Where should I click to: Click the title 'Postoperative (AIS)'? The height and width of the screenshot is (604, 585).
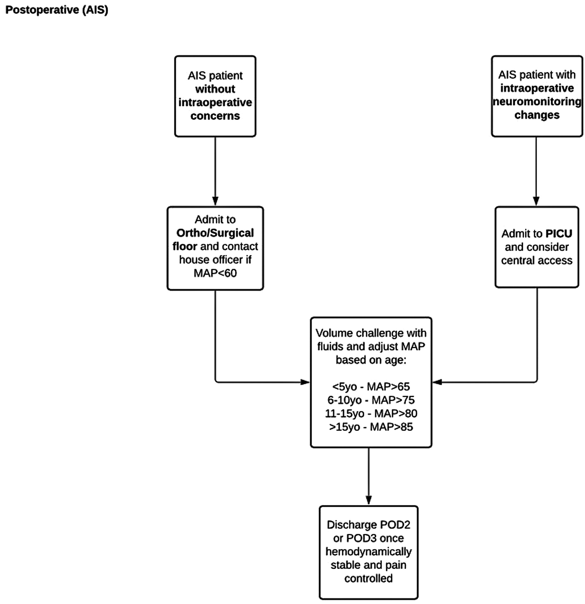(x=57, y=10)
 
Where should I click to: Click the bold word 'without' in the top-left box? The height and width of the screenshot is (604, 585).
(x=215, y=89)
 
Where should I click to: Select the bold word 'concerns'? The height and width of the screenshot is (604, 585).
(x=215, y=116)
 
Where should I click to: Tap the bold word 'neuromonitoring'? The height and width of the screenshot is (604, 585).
(x=537, y=102)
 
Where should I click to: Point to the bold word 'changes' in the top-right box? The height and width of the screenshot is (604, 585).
(x=537, y=115)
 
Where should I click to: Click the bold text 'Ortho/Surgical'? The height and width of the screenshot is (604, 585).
(x=215, y=233)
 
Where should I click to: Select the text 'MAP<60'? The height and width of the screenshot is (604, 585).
(x=215, y=273)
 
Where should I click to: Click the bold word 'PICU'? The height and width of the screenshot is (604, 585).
(x=559, y=234)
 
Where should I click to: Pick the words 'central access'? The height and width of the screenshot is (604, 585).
(x=537, y=260)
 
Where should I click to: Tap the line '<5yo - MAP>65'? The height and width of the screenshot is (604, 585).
(x=371, y=386)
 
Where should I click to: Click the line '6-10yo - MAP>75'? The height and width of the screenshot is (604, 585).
(x=371, y=400)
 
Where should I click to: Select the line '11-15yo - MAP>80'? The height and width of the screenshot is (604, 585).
(x=371, y=413)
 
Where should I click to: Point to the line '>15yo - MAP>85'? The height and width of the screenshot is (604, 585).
(x=371, y=427)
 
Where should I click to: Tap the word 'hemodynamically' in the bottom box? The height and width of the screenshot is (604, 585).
(x=368, y=551)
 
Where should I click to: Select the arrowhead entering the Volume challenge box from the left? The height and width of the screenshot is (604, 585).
(x=305, y=382)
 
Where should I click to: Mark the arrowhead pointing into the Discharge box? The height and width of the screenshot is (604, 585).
(x=368, y=500)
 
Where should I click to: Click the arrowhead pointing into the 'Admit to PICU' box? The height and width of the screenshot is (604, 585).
(x=536, y=201)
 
